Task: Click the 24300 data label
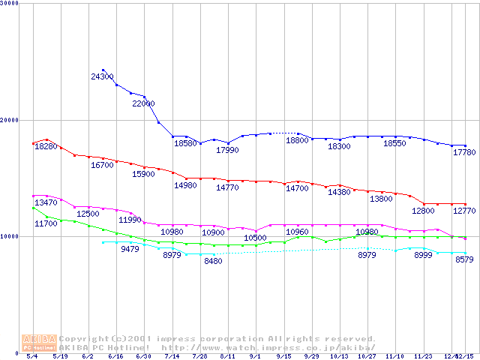tap(102, 76)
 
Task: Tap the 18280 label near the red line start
tap(46, 146)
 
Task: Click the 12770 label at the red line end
tap(465, 211)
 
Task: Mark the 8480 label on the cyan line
tap(213, 261)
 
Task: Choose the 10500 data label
tap(256, 238)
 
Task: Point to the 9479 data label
tap(130, 249)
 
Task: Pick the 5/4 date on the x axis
tap(31, 356)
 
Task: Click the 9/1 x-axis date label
tap(256, 356)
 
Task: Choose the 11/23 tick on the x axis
tap(423, 356)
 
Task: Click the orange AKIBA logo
tap(39, 343)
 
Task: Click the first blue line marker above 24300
tap(103, 70)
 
